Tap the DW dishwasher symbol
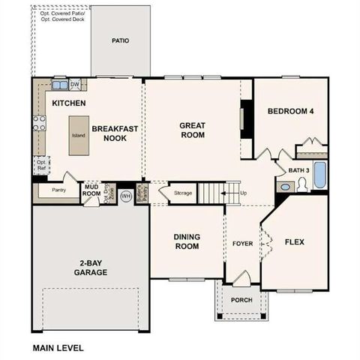tap(75, 85)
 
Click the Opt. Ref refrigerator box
tap(42, 164)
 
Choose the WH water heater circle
tap(125, 196)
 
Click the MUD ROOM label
tap(91, 190)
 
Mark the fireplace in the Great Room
tap(243, 120)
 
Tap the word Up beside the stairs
tap(243, 193)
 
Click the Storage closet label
tap(182, 193)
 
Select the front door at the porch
tap(240, 280)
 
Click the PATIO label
tap(120, 40)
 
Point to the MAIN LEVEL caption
tap(58, 348)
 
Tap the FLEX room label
tap(295, 241)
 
